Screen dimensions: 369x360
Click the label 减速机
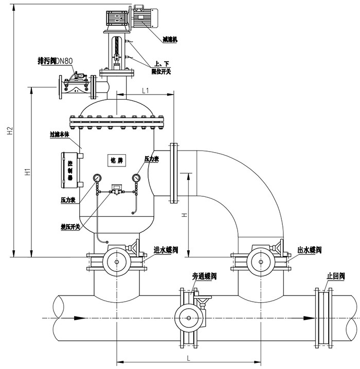pyautogui.click(x=170, y=39)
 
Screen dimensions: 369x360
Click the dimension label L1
pyautogui.click(x=145, y=90)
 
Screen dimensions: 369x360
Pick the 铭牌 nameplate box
pyautogui.click(x=116, y=160)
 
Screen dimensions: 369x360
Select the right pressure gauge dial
pyautogui.click(x=136, y=178)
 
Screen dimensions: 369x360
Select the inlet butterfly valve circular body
pyautogui.click(x=116, y=264)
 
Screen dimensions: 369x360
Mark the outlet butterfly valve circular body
pyautogui.click(x=261, y=264)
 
